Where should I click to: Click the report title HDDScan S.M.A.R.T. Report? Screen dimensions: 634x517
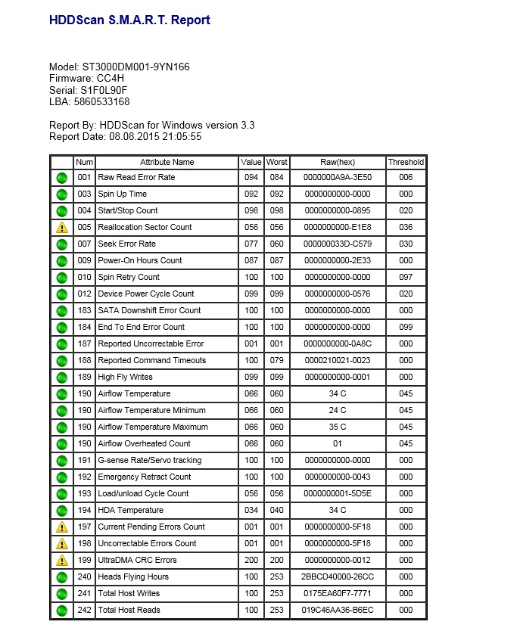click(x=129, y=20)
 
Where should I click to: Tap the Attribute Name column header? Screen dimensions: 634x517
click(x=167, y=162)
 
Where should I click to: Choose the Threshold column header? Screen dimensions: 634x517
click(x=406, y=162)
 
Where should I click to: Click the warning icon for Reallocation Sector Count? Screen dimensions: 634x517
click(x=62, y=227)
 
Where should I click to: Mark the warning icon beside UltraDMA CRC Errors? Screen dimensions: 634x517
click(x=62, y=560)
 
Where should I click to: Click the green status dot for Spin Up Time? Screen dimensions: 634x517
click(x=62, y=194)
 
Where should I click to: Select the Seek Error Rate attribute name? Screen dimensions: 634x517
click(x=126, y=244)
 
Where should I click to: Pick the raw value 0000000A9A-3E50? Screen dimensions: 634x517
click(x=337, y=177)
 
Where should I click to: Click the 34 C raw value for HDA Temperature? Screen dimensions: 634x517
click(x=337, y=510)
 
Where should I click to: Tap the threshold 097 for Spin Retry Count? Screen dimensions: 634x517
click(x=406, y=277)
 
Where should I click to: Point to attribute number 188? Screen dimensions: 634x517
click(x=84, y=360)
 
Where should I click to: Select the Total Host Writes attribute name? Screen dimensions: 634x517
click(x=129, y=593)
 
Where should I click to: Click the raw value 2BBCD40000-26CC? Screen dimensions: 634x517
click(x=337, y=577)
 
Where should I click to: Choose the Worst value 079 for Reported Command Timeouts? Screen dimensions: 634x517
click(x=276, y=360)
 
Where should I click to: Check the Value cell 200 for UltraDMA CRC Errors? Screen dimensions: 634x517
click(x=251, y=560)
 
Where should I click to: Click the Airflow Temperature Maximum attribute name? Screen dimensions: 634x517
click(x=152, y=427)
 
